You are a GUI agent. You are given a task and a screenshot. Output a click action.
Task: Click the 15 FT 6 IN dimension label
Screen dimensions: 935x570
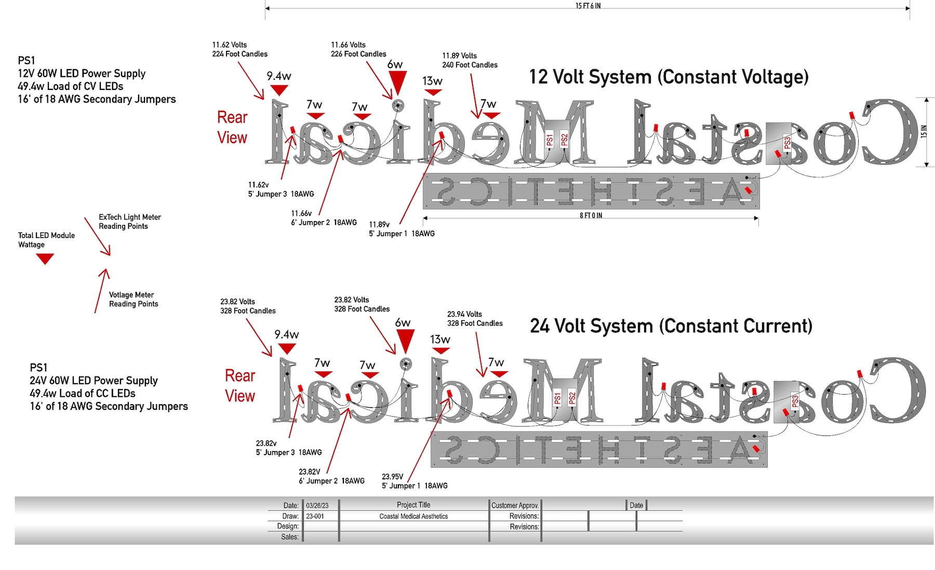pyautogui.click(x=587, y=6)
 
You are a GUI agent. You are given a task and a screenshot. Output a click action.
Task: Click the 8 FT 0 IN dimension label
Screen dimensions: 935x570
pyautogui.click(x=591, y=215)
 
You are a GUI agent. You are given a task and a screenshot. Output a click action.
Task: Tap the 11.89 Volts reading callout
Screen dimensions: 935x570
pyautogui.click(x=470, y=60)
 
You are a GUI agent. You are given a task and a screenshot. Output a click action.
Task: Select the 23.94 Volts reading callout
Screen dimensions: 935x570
pyautogui.click(x=475, y=319)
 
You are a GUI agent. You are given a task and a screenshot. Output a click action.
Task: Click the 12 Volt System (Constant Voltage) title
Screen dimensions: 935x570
pyautogui.click(x=669, y=77)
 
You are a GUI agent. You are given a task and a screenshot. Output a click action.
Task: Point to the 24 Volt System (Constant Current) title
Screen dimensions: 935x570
pyautogui.click(x=671, y=326)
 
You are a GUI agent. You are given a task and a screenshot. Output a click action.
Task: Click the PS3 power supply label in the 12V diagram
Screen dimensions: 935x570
pyautogui.click(x=787, y=142)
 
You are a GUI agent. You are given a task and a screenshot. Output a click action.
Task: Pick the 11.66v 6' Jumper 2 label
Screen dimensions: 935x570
pyautogui.click(x=324, y=218)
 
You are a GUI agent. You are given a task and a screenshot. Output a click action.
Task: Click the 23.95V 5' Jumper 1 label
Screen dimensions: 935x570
pyautogui.click(x=415, y=481)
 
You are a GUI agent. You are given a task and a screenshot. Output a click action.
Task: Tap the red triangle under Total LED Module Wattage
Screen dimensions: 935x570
pyautogui.click(x=45, y=258)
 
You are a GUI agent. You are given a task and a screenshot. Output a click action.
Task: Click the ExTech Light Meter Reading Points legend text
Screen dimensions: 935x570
pyautogui.click(x=130, y=222)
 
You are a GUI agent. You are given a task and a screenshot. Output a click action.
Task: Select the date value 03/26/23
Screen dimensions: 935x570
pyautogui.click(x=317, y=506)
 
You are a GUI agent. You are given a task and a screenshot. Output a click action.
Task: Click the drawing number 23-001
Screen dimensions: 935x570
pyautogui.click(x=315, y=516)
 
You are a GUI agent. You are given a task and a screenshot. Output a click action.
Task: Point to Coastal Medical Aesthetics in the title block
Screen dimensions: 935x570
pyautogui.click(x=413, y=516)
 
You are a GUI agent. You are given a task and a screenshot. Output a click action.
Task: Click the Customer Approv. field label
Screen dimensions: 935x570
pyautogui.click(x=515, y=506)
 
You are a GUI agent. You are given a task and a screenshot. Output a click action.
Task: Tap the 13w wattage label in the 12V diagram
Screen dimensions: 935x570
pyautogui.click(x=432, y=81)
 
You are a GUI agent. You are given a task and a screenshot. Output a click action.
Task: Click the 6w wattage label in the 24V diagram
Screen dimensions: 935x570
pyautogui.click(x=403, y=323)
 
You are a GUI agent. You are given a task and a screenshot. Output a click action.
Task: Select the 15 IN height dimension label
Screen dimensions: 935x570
pyautogui.click(x=924, y=132)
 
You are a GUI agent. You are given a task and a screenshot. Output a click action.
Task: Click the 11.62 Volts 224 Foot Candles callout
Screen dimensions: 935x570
pyautogui.click(x=239, y=49)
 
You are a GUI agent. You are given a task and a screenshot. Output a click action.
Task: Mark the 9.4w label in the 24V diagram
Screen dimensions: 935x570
pyautogui.click(x=286, y=334)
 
